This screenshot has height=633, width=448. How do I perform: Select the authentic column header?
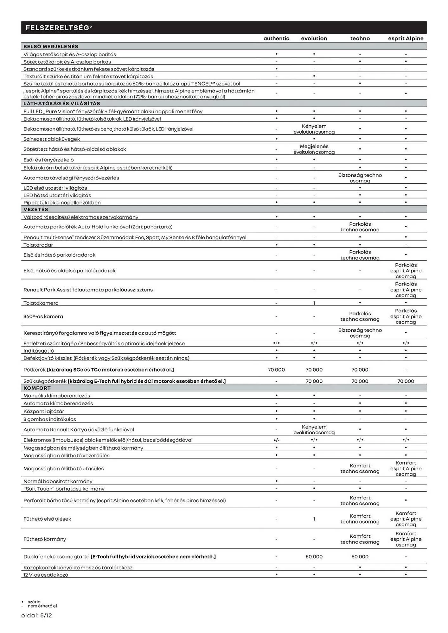coord(276,39)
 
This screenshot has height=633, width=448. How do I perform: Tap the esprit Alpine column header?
coord(406,39)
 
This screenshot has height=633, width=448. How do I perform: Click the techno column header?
coord(360,39)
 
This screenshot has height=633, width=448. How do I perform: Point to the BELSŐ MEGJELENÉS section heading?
coord(51,47)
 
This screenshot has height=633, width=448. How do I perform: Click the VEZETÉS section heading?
coord(36,210)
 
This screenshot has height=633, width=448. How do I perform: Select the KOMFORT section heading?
coord(37,388)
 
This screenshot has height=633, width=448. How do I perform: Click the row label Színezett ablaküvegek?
coord(52,139)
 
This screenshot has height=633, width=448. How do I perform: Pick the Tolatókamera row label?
coord(41,303)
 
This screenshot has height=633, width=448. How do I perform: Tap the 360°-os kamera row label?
coord(43,316)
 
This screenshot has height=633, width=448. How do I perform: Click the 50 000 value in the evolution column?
coord(314,557)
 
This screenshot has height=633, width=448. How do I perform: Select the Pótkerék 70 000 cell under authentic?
coord(276,370)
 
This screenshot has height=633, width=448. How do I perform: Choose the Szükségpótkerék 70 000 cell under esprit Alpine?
coord(406,381)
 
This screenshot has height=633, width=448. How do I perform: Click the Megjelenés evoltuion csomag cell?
coord(314,149)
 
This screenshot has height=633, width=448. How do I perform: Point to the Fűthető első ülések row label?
coord(47,519)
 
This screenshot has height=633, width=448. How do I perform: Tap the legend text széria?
coord(34,602)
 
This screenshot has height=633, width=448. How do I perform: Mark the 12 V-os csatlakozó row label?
coord(46,575)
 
